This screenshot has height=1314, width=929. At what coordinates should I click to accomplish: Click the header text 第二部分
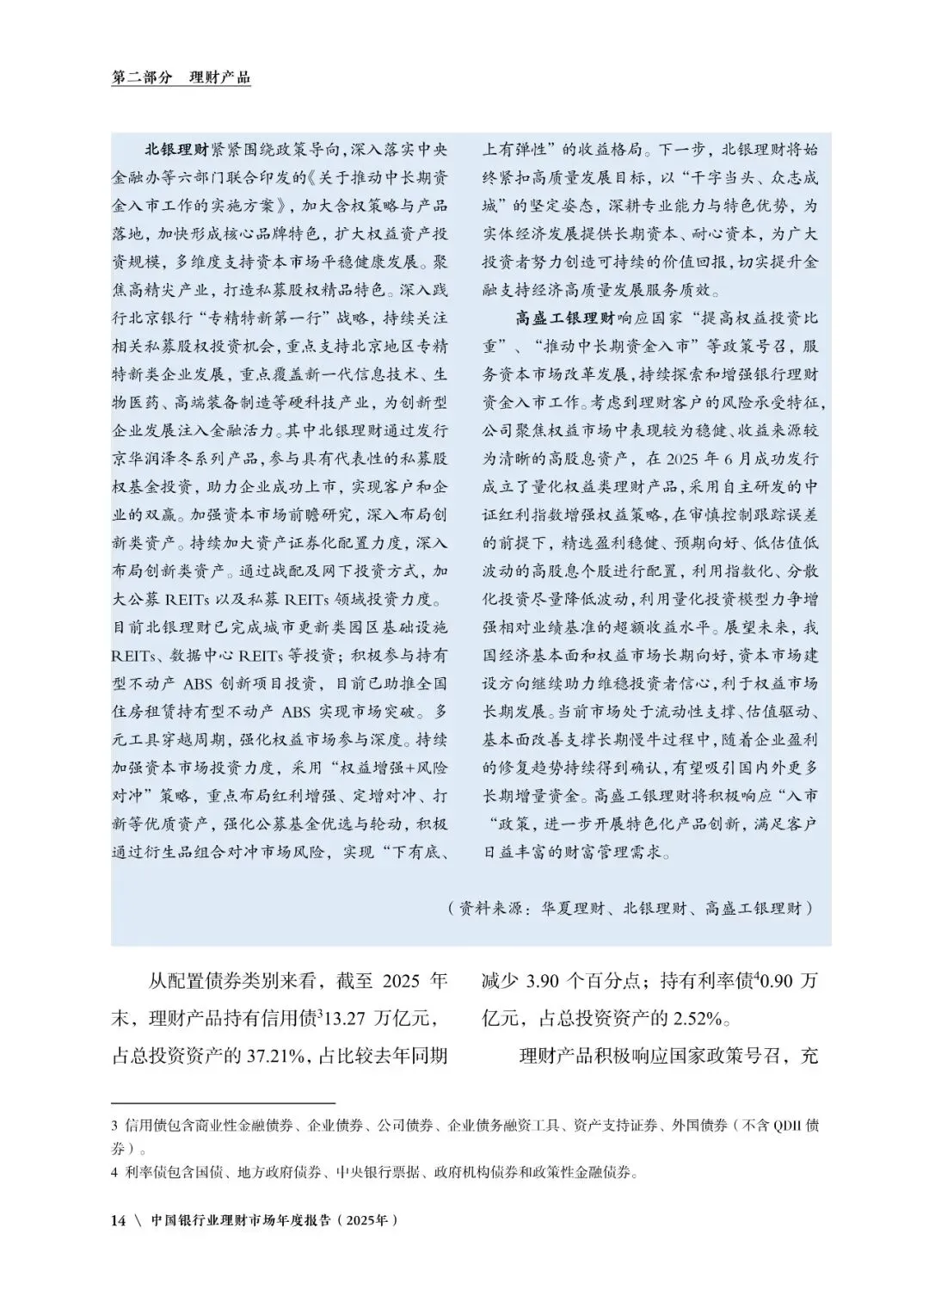(142, 77)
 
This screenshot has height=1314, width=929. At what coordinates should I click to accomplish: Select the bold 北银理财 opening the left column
(176, 149)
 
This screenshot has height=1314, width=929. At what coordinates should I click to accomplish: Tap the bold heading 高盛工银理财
(565, 318)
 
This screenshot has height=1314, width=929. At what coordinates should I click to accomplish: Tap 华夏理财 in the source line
(575, 908)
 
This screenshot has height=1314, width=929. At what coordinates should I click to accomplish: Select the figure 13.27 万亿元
(380, 1019)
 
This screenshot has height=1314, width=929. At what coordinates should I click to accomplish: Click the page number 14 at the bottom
(119, 1220)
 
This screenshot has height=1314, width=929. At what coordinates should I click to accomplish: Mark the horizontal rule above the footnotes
(223, 1102)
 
